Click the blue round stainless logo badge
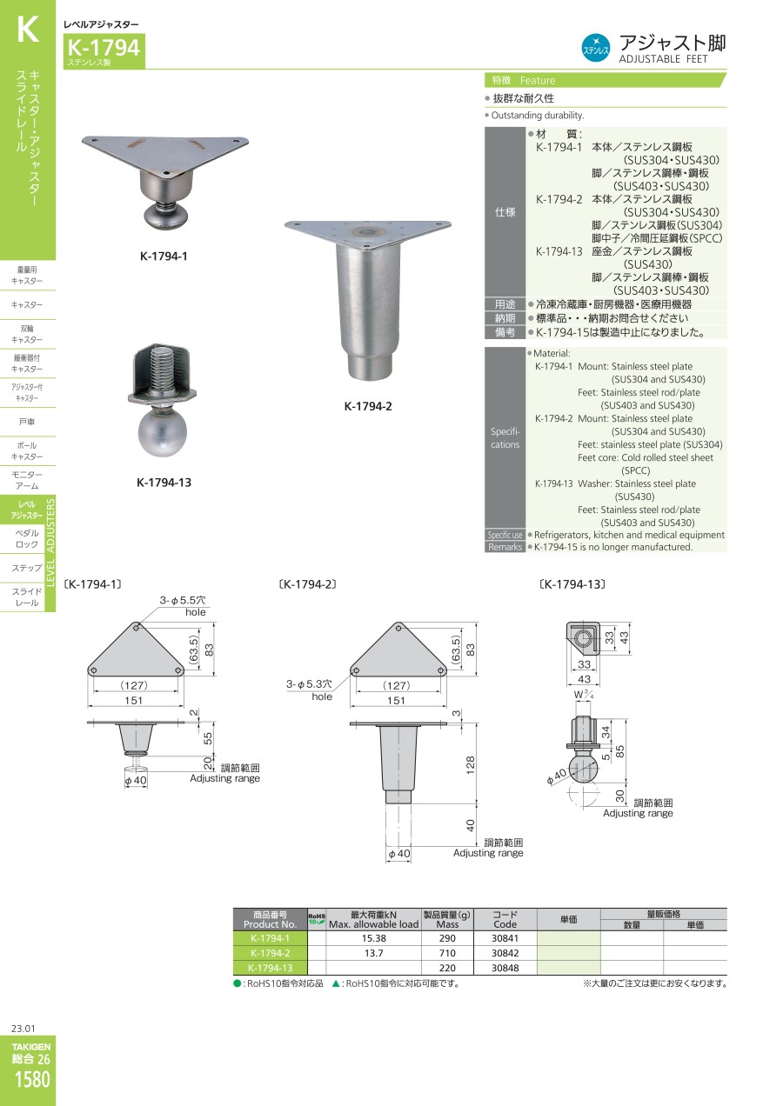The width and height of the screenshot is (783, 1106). coord(596,48)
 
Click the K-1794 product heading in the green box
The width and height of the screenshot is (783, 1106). coord(104,48)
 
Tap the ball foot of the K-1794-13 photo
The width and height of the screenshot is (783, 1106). coord(162,433)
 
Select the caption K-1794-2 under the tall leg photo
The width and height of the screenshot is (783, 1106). coord(368,406)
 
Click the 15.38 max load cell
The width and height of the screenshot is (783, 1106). coord(374,938)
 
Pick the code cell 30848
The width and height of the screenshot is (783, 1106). coord(505,968)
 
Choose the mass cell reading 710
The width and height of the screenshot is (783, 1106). coord(447,953)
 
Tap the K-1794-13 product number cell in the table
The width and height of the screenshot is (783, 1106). coord(271,968)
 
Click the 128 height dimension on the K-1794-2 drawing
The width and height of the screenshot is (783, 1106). coord(470,764)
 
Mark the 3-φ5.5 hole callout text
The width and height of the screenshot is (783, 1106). coord(183,606)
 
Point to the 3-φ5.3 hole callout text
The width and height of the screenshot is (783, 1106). coord(309,690)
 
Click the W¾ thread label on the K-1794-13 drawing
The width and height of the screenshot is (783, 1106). coord(584,695)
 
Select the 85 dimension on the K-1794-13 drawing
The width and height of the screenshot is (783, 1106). coord(619,751)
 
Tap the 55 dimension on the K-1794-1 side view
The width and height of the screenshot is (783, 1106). coord(208,738)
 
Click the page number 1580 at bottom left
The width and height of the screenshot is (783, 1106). coord(32,1079)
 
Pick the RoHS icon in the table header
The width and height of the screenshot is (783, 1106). coord(317,919)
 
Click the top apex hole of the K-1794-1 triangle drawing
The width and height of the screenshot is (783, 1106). coord(137,629)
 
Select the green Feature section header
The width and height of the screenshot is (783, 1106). coord(606,80)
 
